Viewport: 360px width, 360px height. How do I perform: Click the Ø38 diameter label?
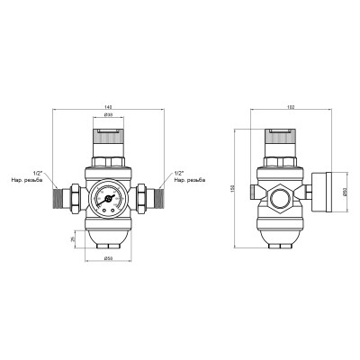(106, 116)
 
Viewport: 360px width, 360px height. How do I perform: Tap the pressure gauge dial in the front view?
(106, 195)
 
